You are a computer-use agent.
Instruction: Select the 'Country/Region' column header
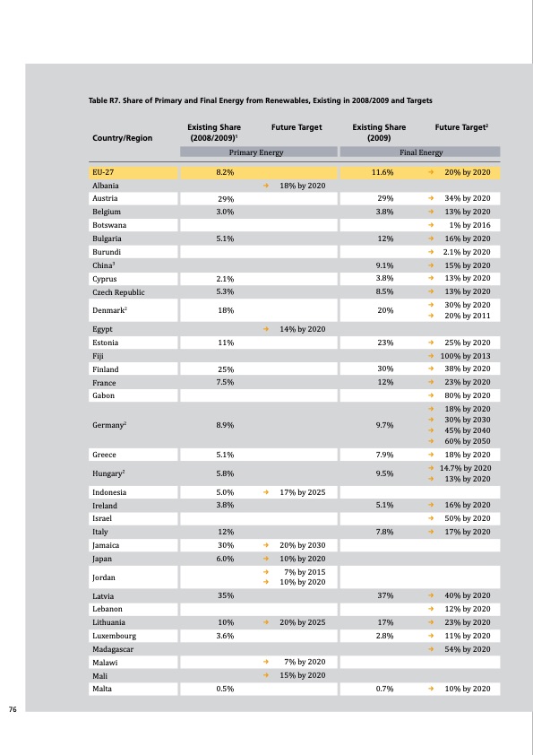(123, 138)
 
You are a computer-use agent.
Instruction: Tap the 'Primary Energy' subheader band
(250, 153)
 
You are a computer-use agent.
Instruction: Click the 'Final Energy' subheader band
(421, 153)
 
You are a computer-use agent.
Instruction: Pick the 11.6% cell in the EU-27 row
(383, 171)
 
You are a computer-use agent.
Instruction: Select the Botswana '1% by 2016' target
(469, 224)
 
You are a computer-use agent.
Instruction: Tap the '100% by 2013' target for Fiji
(465, 356)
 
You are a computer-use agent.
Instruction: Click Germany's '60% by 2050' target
(467, 440)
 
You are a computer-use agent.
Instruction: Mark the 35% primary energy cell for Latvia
(226, 595)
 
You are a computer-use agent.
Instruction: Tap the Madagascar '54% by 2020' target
(467, 649)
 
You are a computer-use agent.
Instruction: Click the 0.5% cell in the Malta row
(226, 689)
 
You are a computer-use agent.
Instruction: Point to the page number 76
(13, 709)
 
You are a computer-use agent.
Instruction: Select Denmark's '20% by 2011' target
(467, 316)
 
